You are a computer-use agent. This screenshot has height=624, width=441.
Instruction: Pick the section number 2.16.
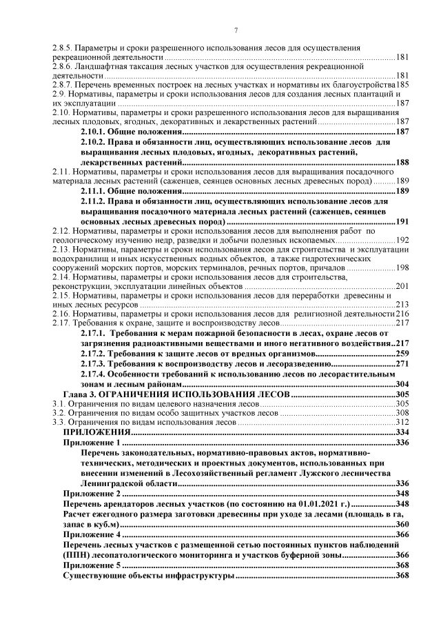point(63,313)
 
